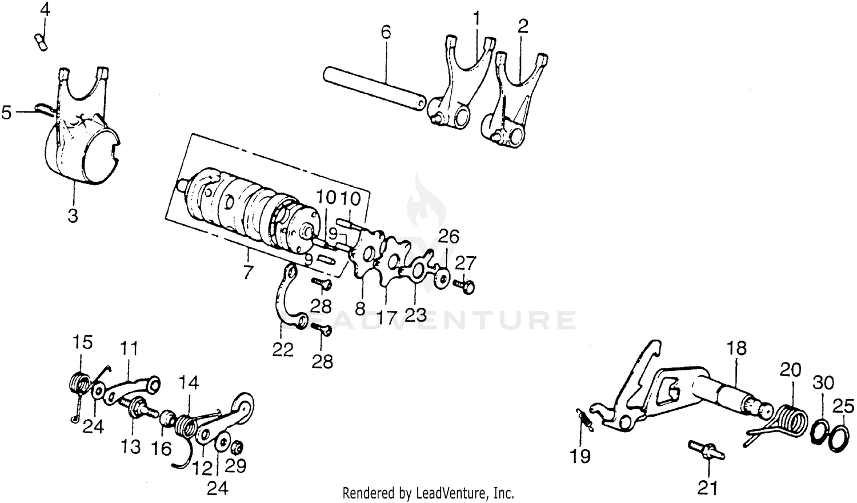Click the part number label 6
[x=386, y=32]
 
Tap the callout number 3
[x=73, y=217]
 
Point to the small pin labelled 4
[x=41, y=43]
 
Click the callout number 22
[x=283, y=349]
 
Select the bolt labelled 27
[x=463, y=284]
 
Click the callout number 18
[x=737, y=349]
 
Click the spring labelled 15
[x=79, y=381]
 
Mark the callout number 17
[x=387, y=318]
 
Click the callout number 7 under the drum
[x=247, y=273]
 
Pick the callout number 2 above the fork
[x=522, y=26]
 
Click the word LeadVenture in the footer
[x=460, y=492]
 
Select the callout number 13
[x=131, y=446]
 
